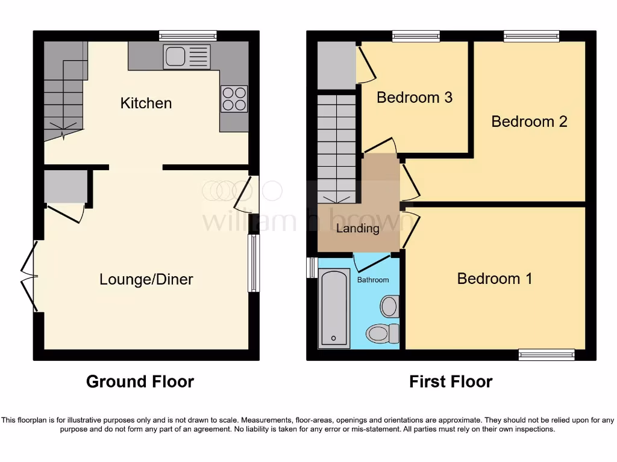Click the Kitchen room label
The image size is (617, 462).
pyautogui.click(x=146, y=103)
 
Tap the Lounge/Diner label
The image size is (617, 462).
pyautogui.click(x=146, y=279)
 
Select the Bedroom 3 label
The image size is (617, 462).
pyautogui.click(x=414, y=97)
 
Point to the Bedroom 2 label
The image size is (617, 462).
pyautogui.click(x=529, y=121)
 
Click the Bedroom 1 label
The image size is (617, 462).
pyautogui.click(x=494, y=279)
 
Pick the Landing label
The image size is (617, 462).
pyautogui.click(x=358, y=228)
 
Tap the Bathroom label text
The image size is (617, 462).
pyautogui.click(x=373, y=280)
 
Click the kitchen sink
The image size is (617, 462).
pyautogui.click(x=187, y=57)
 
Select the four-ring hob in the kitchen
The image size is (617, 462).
pyautogui.click(x=234, y=99)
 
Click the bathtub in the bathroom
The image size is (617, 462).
pyautogui.click(x=334, y=309)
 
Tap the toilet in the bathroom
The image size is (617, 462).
pyautogui.click(x=383, y=333)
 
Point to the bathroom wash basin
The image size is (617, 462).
pyautogui.click(x=390, y=306)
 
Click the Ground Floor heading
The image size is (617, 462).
pyautogui.click(x=140, y=381)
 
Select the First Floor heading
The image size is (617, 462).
pyautogui.click(x=451, y=381)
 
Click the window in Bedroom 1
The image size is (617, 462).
pyautogui.click(x=547, y=355)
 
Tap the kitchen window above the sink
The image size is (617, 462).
pyautogui.click(x=188, y=35)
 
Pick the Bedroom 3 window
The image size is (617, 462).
pyautogui.click(x=416, y=36)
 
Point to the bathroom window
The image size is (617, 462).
pyautogui.click(x=312, y=268)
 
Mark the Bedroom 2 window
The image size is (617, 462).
pyautogui.click(x=531, y=36)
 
